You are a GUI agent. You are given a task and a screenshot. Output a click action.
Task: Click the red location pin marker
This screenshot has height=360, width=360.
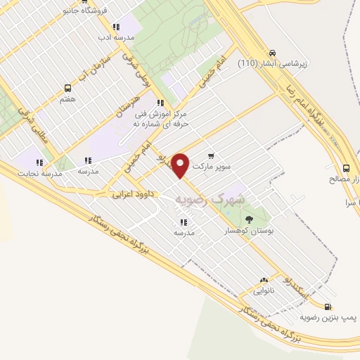pos(181,165)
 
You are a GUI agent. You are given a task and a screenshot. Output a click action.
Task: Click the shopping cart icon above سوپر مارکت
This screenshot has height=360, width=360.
pos(211,156)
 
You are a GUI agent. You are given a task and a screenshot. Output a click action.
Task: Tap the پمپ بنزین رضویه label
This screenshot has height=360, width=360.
pos(329,318)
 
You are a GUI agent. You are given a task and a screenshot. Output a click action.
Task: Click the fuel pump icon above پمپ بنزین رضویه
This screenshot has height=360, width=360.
pos(328,306)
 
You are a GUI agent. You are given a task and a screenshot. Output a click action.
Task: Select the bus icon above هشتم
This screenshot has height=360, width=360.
pos(68,88)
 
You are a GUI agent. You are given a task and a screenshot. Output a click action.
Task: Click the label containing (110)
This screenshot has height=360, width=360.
pos(272,64)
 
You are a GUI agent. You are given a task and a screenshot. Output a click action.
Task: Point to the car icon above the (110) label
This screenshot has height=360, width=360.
pos(272,52)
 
